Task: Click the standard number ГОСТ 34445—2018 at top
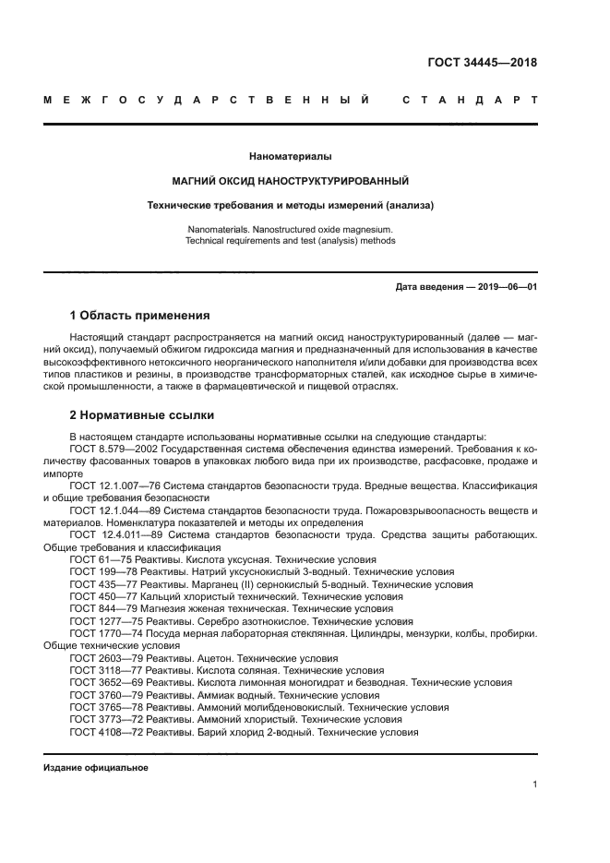point(483,63)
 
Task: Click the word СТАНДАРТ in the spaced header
point(470,100)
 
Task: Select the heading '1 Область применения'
point(139,316)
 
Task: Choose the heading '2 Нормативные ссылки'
point(141,415)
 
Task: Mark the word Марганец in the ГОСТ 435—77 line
point(190,584)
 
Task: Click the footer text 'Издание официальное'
point(96,768)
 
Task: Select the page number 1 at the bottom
point(535,785)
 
